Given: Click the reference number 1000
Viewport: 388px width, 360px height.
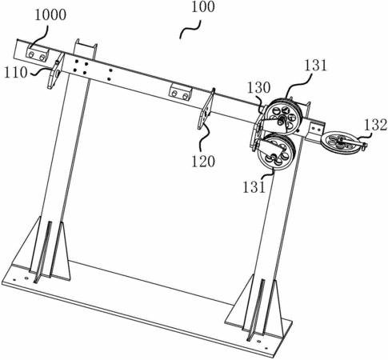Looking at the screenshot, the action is [x=50, y=15].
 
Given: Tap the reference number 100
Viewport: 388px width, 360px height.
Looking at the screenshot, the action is [x=203, y=6].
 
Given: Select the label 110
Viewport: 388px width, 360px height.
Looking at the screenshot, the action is [x=16, y=73].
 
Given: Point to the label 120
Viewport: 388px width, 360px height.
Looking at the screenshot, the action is [x=203, y=162].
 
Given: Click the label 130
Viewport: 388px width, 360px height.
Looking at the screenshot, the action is [x=259, y=88].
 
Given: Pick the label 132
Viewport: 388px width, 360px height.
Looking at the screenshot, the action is [x=375, y=125].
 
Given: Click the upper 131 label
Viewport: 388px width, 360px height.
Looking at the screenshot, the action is [x=315, y=66].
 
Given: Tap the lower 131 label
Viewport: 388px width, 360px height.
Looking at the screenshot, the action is [x=254, y=186].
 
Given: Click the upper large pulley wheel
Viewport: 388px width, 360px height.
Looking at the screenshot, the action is [x=285, y=116].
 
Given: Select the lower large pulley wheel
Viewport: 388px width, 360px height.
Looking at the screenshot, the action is [x=277, y=152].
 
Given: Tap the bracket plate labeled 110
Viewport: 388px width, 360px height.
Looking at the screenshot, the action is [x=56, y=70].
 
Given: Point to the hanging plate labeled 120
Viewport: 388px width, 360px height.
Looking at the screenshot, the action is [x=206, y=109].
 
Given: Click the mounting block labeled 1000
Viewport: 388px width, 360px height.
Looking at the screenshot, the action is [x=38, y=53].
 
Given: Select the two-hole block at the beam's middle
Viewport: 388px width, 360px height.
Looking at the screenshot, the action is [x=180, y=91].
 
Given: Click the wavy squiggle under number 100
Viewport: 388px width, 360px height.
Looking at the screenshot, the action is [x=190, y=30].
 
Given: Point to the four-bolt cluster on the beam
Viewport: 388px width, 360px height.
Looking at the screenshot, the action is [x=80, y=67].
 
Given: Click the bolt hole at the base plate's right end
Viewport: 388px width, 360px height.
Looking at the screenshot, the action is [x=266, y=348].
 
